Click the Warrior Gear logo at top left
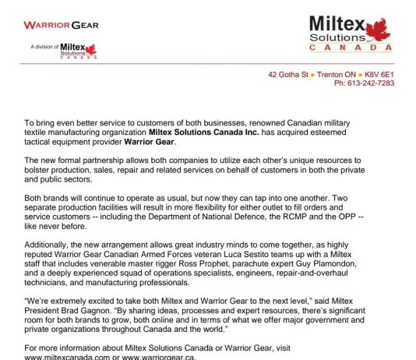tap(61, 25)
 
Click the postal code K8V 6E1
tap(379, 74)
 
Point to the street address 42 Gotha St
tap(287, 74)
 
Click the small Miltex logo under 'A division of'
tap(79, 51)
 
